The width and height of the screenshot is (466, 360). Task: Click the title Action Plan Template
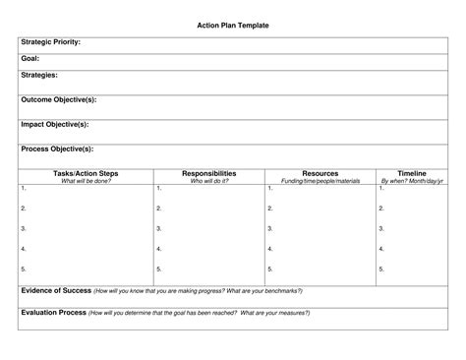[x=233, y=24]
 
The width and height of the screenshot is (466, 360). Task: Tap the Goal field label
[x=30, y=58]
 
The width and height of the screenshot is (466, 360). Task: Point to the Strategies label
[x=39, y=74]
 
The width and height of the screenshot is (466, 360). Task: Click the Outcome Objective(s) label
[x=59, y=99]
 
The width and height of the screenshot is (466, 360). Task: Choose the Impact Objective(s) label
[x=55, y=124]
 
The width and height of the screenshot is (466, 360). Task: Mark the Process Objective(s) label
[x=57, y=149]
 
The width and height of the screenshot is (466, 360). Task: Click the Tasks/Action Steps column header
[x=86, y=173]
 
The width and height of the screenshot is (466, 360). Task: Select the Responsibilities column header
[x=208, y=173]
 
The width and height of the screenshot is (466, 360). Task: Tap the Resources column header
[x=320, y=173]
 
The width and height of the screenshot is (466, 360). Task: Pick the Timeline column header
[x=412, y=173]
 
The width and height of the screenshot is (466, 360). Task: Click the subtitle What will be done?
[x=86, y=181]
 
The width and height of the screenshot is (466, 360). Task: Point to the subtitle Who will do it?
[x=208, y=181]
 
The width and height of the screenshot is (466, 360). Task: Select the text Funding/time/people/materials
[x=320, y=181]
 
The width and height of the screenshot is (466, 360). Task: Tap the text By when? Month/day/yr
[x=412, y=181]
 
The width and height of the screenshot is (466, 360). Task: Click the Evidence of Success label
[x=56, y=291]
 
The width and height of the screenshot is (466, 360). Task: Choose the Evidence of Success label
[x=56, y=291]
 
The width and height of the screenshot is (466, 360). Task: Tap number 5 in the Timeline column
[x=381, y=269]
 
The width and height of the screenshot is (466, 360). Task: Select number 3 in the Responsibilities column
[x=158, y=228]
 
